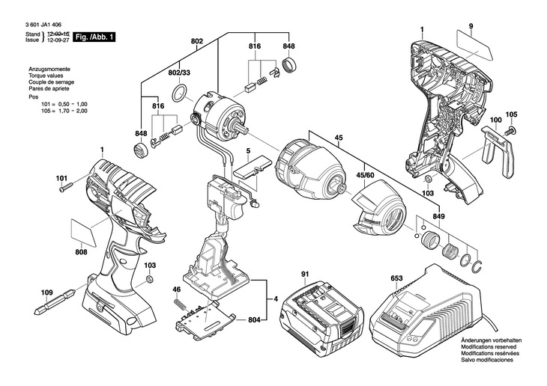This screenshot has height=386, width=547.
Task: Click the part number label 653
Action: click(396, 278)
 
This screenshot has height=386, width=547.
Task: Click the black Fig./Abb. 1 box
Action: click(96, 36)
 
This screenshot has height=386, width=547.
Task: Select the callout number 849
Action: click(438, 215)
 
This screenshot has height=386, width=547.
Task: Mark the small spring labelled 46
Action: click(179, 302)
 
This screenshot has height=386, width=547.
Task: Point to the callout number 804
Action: click(254, 320)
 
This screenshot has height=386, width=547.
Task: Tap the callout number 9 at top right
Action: click(471, 28)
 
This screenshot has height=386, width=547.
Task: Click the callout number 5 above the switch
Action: click(247, 151)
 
